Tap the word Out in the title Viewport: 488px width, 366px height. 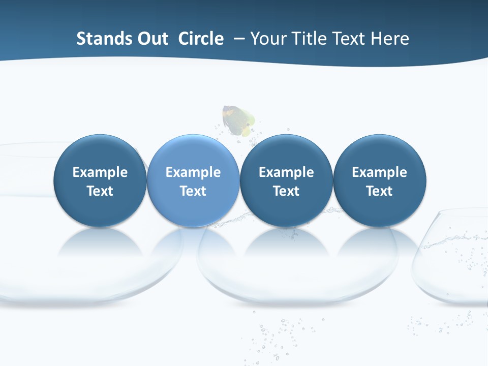[151, 39]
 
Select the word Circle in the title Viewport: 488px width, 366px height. [201, 39]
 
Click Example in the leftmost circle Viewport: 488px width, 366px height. [100, 172]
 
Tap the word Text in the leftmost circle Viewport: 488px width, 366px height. [100, 191]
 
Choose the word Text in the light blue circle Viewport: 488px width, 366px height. [193, 191]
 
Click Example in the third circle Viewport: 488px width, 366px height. [286, 172]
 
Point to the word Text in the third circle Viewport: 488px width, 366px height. [286, 191]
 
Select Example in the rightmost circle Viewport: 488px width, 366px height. [379, 172]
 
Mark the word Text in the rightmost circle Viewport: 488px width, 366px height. [379, 191]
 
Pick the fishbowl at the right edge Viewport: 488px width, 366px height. [452, 264]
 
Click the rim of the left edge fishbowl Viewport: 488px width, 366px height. [30, 144]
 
